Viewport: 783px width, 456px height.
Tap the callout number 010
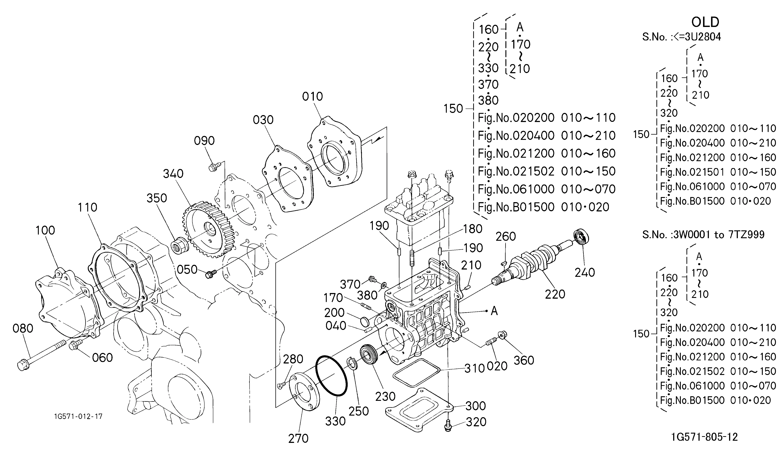tap(312, 97)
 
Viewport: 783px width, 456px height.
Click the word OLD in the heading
tap(705, 22)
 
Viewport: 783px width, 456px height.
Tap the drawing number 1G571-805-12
tap(704, 437)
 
